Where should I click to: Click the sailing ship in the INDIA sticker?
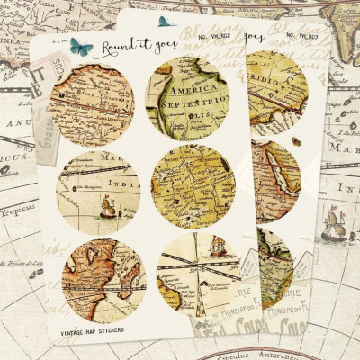point(107,209)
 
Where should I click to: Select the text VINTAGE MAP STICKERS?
point(94,330)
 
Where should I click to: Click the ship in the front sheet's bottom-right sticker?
point(217,248)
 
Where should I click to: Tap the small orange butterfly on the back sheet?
point(296,142)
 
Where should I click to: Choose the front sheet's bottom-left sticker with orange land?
point(100,279)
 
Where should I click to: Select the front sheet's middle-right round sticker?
point(195,185)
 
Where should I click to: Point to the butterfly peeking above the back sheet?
point(164,20)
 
